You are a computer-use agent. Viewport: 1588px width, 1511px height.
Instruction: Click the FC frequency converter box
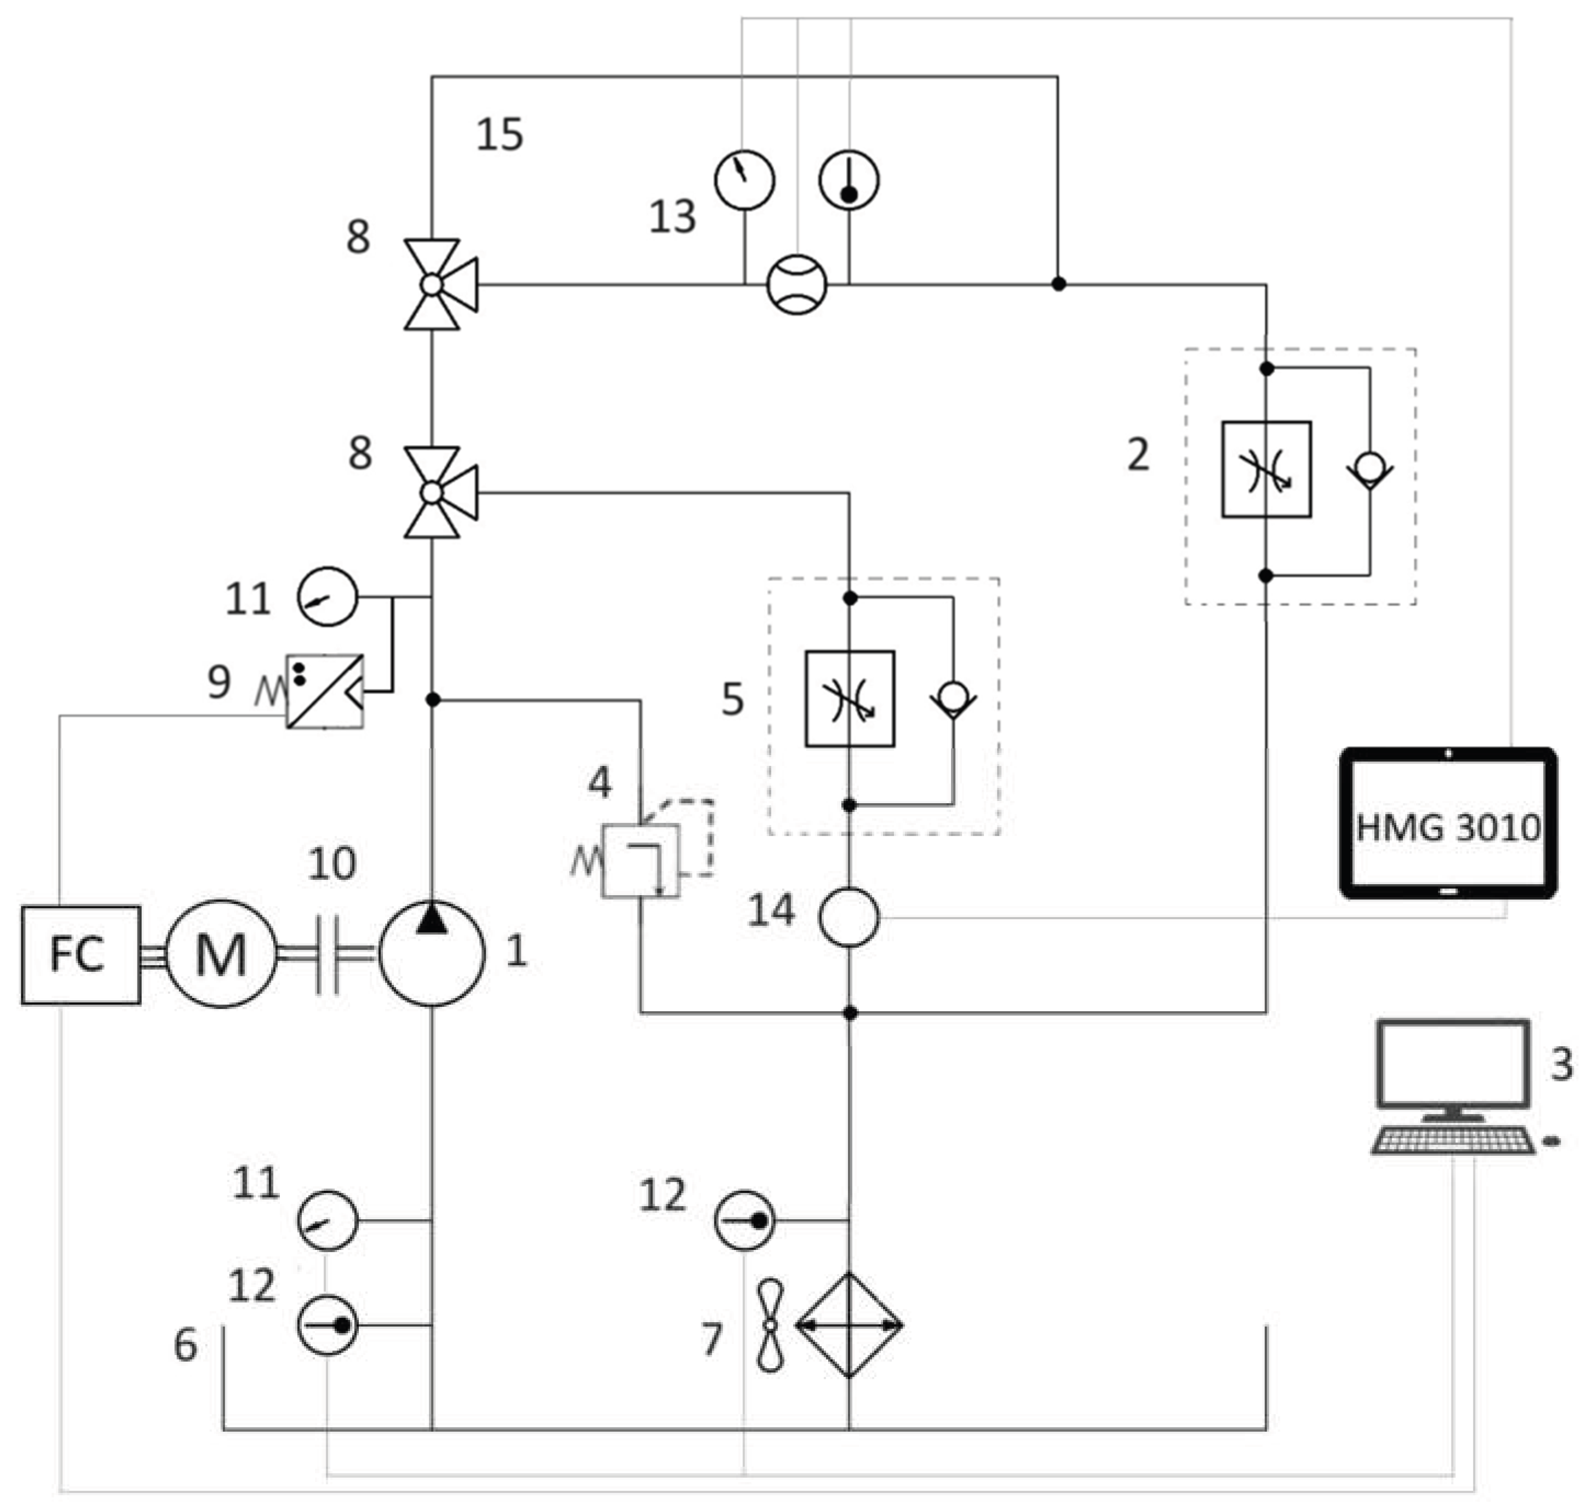[81, 955]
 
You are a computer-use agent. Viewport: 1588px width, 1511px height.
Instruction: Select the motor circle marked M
[221, 954]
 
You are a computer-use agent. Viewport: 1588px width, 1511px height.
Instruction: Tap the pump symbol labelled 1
[432, 954]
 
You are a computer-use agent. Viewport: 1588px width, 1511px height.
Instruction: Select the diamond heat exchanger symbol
[849, 1325]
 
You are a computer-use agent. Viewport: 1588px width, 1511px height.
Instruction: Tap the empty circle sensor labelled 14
[849, 918]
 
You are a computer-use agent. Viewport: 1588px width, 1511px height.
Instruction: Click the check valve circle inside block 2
[1369, 467]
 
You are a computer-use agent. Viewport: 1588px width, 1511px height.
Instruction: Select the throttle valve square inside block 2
[1266, 469]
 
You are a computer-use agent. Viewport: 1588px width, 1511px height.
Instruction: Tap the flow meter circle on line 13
[797, 284]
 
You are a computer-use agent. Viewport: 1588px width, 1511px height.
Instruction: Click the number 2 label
[1138, 454]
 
